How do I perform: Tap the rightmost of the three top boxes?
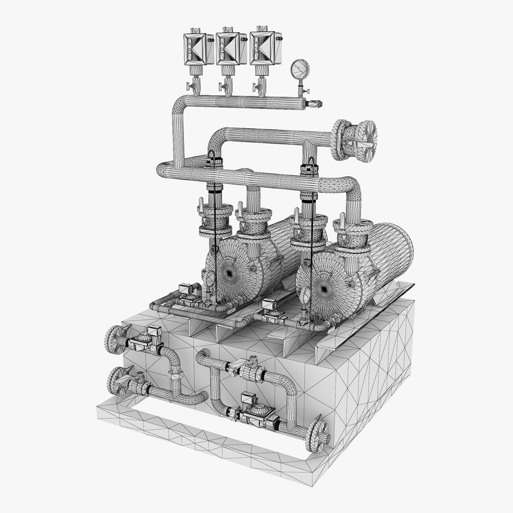[262, 48]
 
